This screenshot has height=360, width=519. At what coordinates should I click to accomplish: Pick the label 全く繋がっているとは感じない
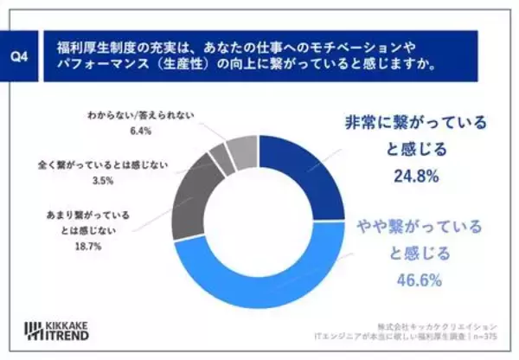pyautogui.click(x=103, y=164)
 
